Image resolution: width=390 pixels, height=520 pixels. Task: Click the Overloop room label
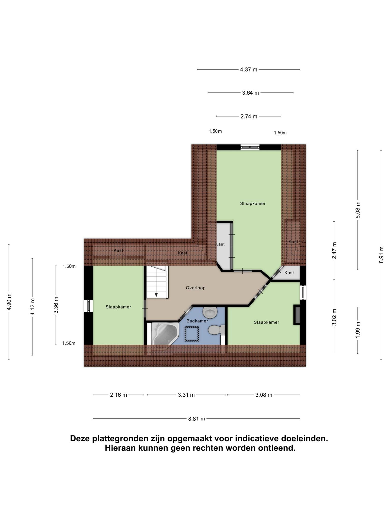196,288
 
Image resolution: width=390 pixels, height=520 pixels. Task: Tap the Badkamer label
197,321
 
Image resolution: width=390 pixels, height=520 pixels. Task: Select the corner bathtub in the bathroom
164,334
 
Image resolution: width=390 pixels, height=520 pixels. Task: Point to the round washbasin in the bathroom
210,313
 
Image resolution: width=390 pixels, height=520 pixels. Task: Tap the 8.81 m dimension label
197,419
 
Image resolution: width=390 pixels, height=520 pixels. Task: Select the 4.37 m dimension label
249,69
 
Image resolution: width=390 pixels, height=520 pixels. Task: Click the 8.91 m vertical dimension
381,255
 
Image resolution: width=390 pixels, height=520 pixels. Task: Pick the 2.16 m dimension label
118,395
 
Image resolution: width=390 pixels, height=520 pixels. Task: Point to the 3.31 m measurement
186,395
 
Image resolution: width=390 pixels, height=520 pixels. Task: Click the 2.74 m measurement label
249,116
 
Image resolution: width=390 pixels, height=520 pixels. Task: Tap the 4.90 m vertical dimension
9,302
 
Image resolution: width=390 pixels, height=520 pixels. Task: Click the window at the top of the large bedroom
250,147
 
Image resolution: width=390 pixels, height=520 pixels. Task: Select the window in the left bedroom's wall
89,306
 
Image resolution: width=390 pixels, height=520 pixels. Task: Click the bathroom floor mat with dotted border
192,334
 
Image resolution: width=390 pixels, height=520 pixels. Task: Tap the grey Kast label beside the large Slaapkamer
220,244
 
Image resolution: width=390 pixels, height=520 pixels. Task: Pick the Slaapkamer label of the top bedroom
253,203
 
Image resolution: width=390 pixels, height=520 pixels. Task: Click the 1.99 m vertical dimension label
358,330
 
